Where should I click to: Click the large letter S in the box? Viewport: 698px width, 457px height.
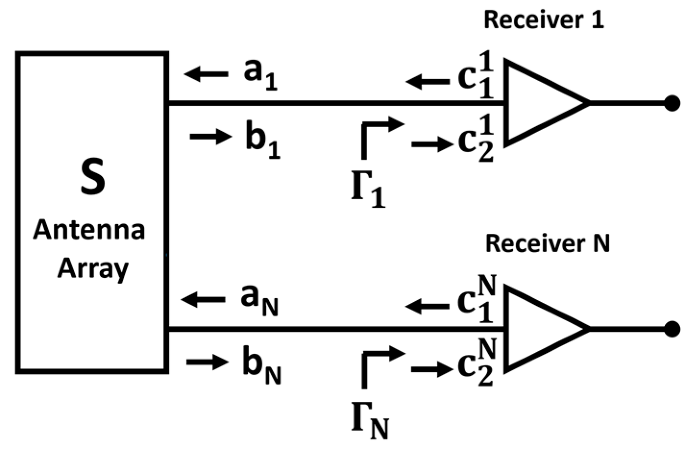click(x=93, y=178)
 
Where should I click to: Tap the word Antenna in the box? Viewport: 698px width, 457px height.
click(x=89, y=230)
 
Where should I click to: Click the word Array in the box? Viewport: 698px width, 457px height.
click(x=93, y=269)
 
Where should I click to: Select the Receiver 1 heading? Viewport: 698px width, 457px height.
click(x=543, y=20)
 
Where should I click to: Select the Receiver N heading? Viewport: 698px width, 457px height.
click(x=547, y=243)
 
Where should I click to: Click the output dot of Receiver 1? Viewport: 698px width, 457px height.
click(x=672, y=103)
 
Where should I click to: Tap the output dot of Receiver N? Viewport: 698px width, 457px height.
click(x=672, y=329)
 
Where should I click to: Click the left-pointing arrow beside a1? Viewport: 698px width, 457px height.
click(x=206, y=74)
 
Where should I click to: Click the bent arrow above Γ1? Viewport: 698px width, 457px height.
click(x=379, y=134)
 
